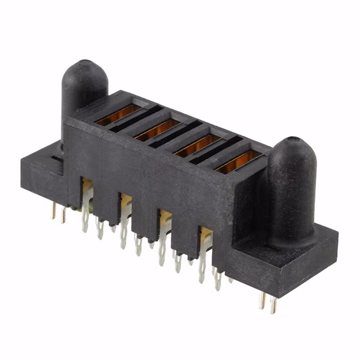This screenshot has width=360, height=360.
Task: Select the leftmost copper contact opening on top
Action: (x=118, y=114)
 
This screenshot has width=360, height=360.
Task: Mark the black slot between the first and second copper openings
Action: (x=136, y=120)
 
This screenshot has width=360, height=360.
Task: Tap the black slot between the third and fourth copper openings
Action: (x=216, y=152)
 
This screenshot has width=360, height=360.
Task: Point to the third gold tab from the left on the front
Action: (x=164, y=218)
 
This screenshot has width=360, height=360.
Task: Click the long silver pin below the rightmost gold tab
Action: (x=202, y=264)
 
